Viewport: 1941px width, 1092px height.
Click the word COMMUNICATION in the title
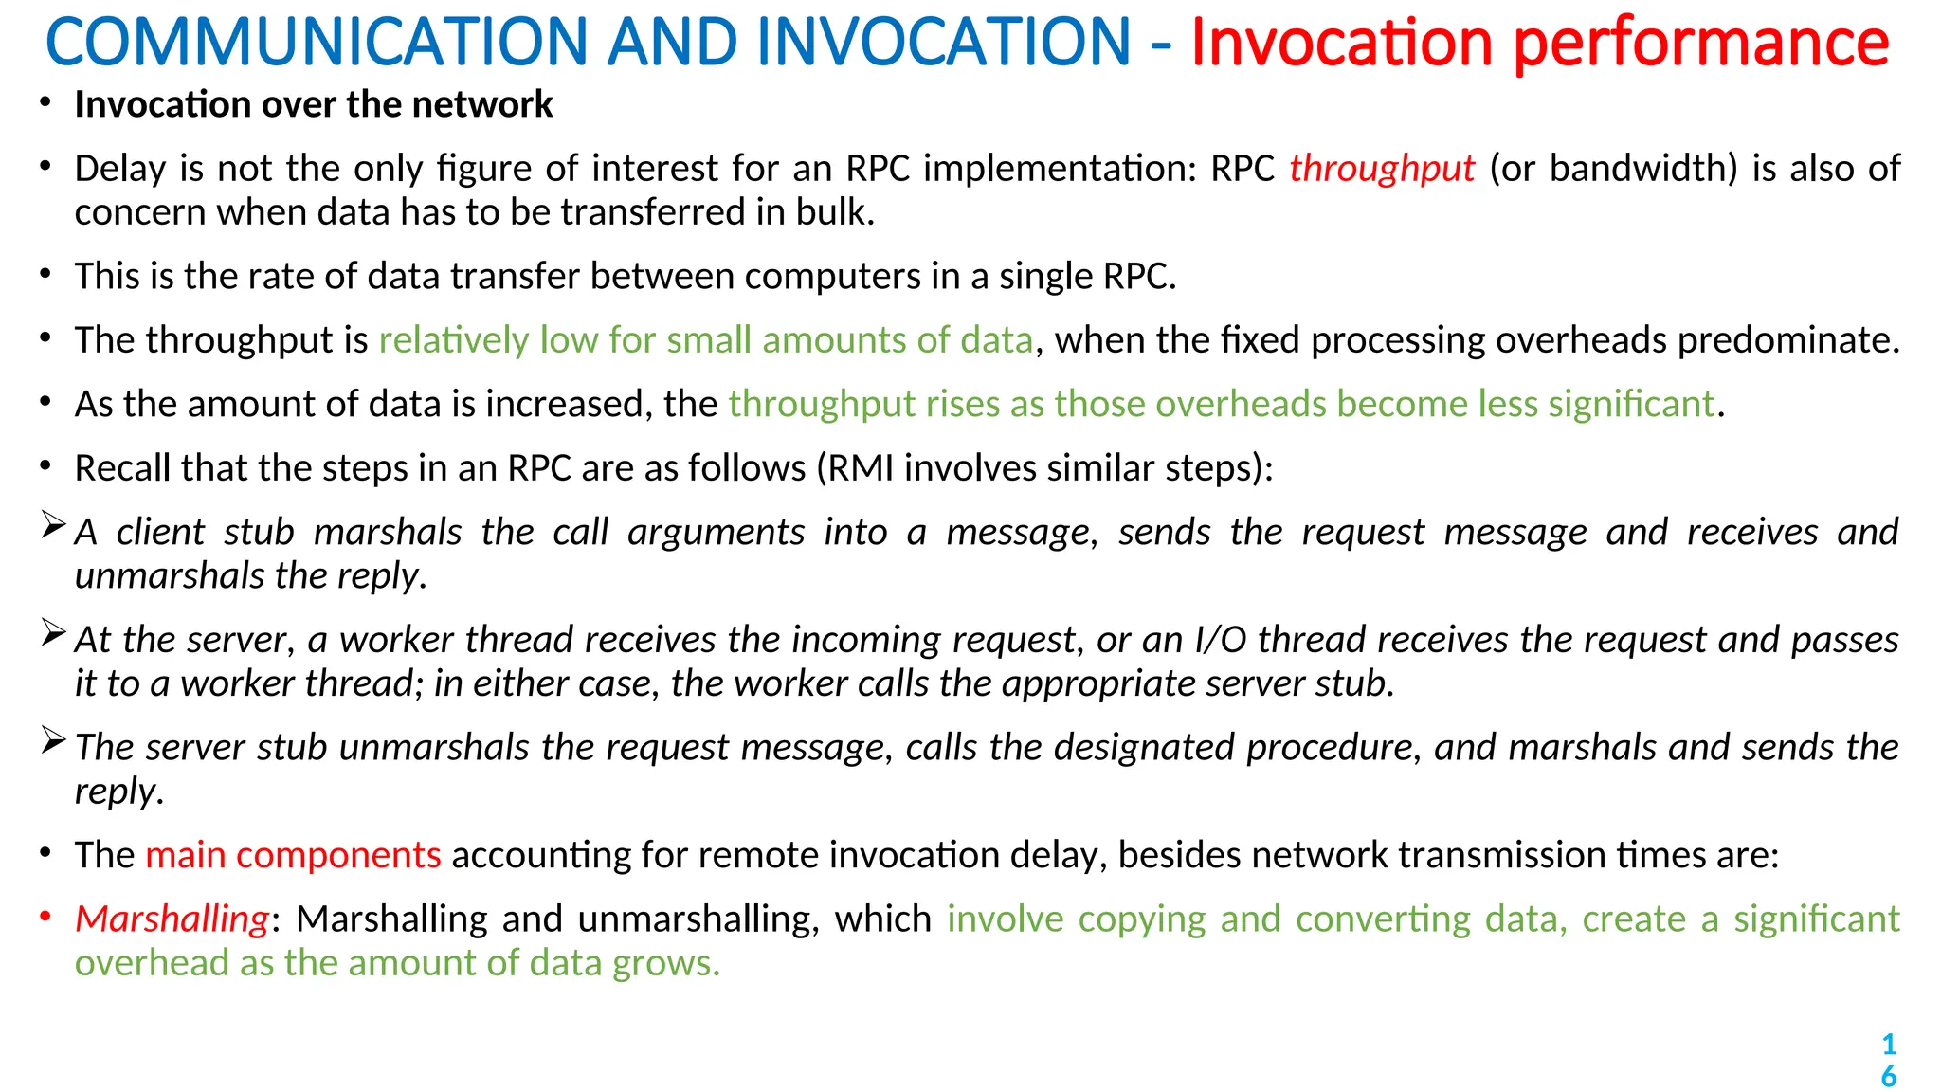point(317,43)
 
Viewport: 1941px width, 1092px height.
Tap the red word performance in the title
point(1701,43)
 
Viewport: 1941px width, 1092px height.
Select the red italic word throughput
point(1382,169)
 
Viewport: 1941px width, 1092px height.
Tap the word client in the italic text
point(160,533)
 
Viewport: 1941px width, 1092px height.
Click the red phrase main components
point(293,855)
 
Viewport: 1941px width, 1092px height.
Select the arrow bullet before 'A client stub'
point(53,525)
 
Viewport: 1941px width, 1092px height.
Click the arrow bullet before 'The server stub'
point(53,740)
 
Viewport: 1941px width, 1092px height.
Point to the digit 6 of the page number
point(1888,1077)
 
